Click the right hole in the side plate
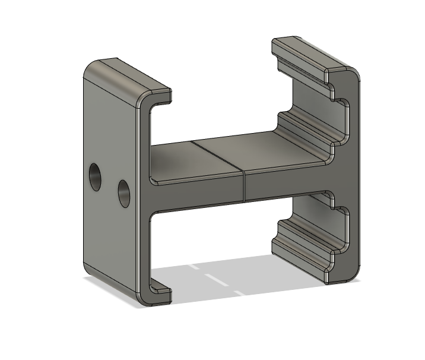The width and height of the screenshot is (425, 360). (x=124, y=192)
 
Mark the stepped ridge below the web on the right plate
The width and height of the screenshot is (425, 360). (x=303, y=238)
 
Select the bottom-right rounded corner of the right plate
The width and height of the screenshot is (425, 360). (x=354, y=273)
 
